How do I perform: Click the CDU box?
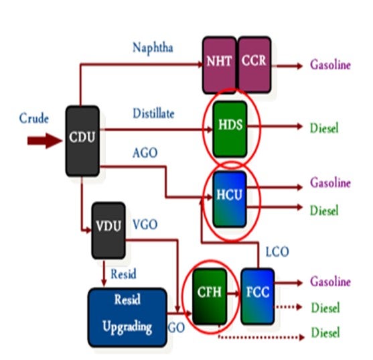pyautogui.click(x=82, y=141)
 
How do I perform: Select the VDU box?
pyautogui.click(x=108, y=231)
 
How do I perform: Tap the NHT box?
pyautogui.click(x=220, y=65)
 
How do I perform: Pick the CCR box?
pyautogui.click(x=254, y=65)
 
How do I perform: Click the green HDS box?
pyautogui.click(x=230, y=129)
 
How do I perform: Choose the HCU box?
pyautogui.click(x=230, y=199)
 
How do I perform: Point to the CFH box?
pyautogui.click(x=210, y=296)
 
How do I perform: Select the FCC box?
pyautogui.click(x=258, y=296)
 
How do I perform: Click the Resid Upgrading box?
pyautogui.click(x=127, y=317)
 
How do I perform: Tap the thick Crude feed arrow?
pyautogui.click(x=45, y=141)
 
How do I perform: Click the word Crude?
pyautogui.click(x=34, y=119)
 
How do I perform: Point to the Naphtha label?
pyautogui.click(x=153, y=48)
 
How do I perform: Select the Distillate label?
pyautogui.click(x=153, y=113)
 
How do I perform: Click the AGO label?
pyautogui.click(x=145, y=153)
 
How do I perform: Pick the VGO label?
pyautogui.click(x=145, y=225)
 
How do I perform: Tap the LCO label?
pyautogui.click(x=277, y=251)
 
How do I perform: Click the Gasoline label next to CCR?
pyautogui.click(x=330, y=65)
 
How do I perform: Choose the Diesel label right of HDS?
pyautogui.click(x=324, y=128)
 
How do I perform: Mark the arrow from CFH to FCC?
pyautogui.click(x=233, y=294)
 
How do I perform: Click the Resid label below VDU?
pyautogui.click(x=123, y=274)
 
